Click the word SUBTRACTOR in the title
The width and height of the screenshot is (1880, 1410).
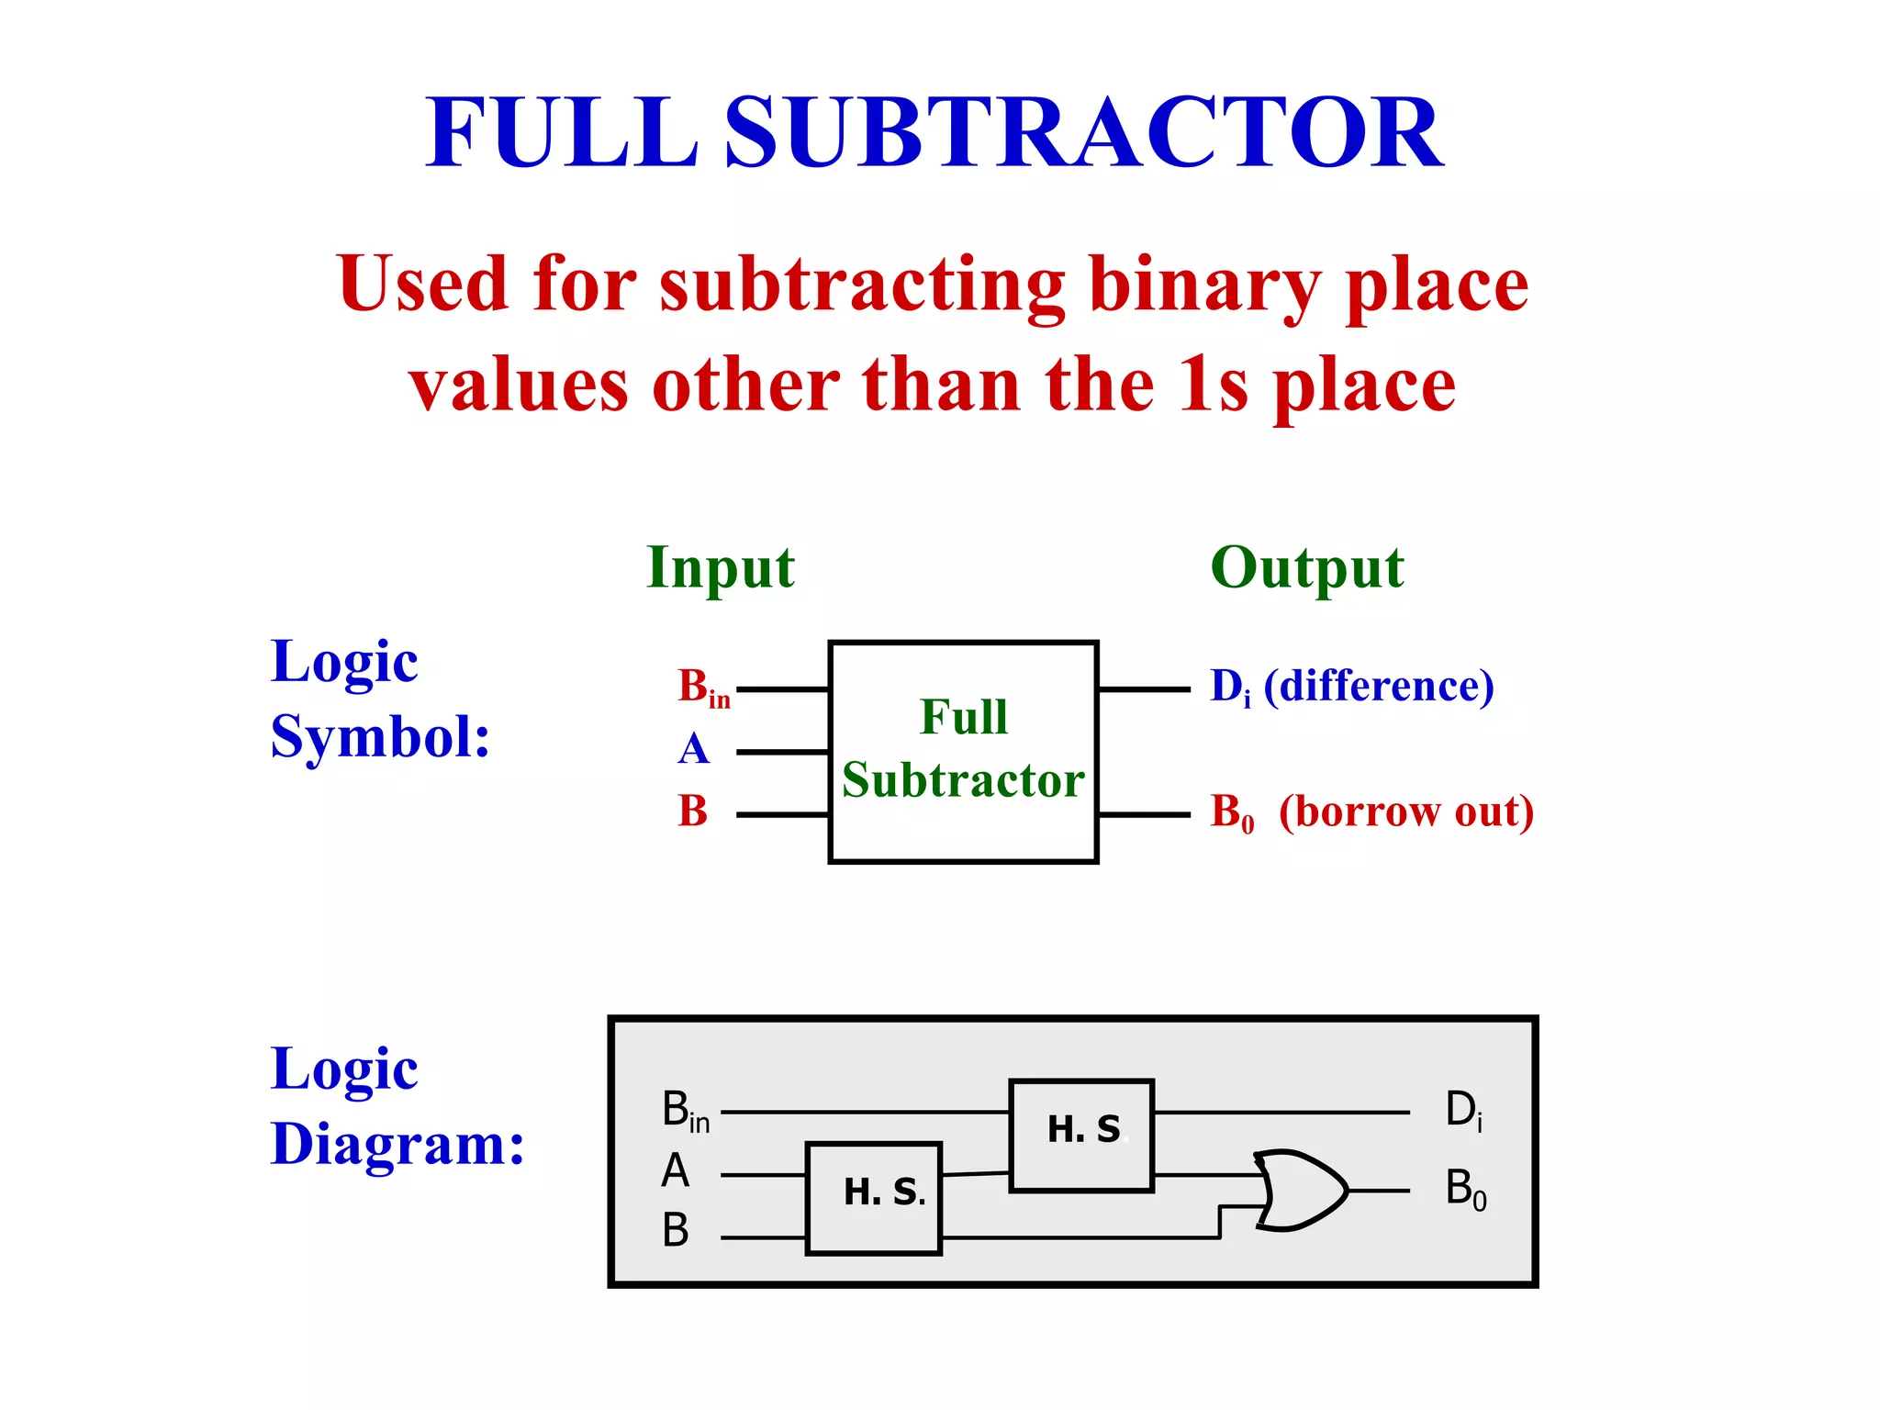(1083, 134)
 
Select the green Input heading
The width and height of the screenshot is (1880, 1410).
(721, 568)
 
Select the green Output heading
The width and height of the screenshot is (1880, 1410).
(1306, 568)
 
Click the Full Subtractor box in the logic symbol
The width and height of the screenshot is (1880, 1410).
(963, 751)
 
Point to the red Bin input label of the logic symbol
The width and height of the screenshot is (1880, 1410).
(703, 688)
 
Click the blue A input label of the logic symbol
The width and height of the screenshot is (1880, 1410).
(694, 749)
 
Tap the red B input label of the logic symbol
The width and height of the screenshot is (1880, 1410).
(693, 811)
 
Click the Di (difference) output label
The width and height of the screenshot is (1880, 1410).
(1351, 688)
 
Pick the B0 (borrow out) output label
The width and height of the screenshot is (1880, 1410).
(1371, 812)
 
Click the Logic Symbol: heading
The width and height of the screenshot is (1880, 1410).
(379, 699)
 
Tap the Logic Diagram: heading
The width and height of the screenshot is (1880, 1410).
(397, 1106)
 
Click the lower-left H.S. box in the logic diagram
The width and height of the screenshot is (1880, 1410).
(873, 1198)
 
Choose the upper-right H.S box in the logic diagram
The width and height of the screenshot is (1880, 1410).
(1081, 1136)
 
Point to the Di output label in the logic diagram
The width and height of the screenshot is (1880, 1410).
(1463, 1111)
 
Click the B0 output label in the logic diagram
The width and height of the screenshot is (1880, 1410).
(1465, 1190)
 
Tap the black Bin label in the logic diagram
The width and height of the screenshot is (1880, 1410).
(685, 1111)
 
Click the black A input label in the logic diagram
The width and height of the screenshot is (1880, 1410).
(675, 1171)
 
